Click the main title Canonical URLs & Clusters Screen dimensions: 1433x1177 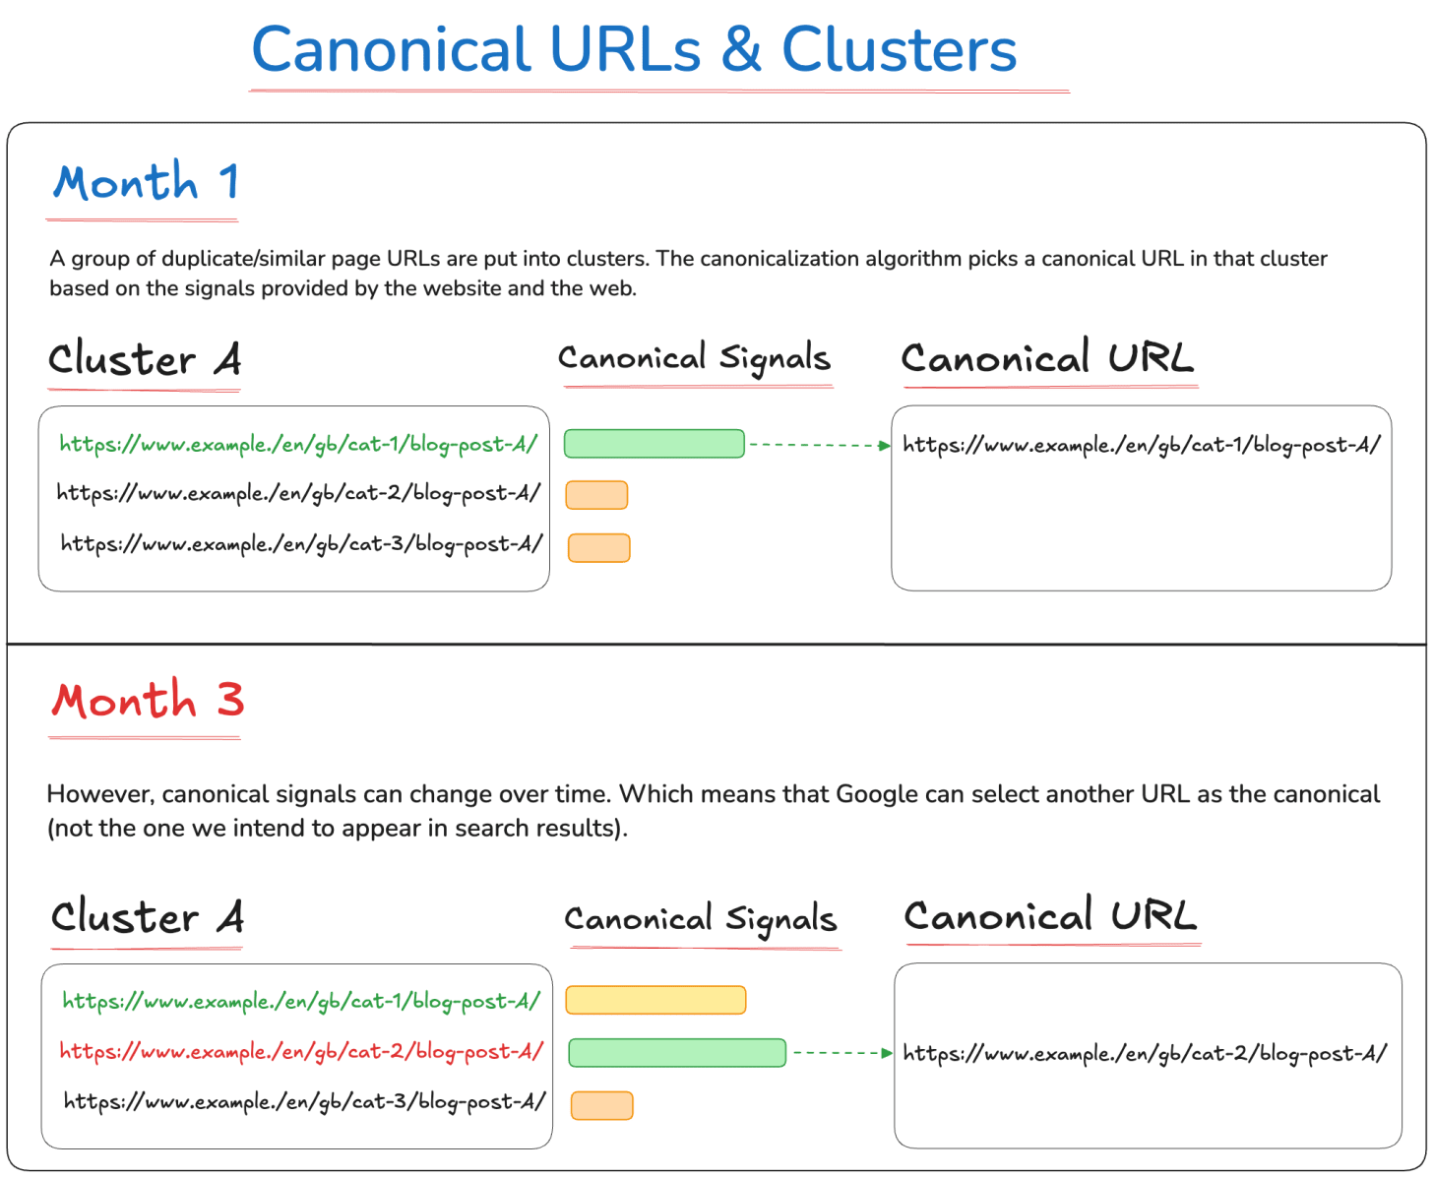pos(634,49)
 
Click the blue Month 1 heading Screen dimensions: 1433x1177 pos(146,182)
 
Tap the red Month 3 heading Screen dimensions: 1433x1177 pos(148,700)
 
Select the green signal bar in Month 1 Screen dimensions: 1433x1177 pos(654,444)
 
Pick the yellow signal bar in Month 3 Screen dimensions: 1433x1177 pos(655,1000)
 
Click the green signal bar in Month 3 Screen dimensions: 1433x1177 pos(677,1053)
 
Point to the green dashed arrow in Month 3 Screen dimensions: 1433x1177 pos(841,1053)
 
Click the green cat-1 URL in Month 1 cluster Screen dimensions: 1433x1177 pos(298,445)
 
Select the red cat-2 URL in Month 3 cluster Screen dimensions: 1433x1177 pos(301,1051)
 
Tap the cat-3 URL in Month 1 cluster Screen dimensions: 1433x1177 pos(301,544)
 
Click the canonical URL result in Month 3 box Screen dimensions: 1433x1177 pos(1145,1054)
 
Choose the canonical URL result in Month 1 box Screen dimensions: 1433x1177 pos(1142,446)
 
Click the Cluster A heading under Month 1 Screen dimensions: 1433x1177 pos(145,359)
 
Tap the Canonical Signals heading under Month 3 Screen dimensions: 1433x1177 pos(701,919)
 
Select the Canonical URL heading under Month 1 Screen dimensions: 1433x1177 pos(1047,358)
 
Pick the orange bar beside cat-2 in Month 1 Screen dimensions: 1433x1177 pos(596,495)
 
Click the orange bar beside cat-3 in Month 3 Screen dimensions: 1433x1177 pos(601,1105)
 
